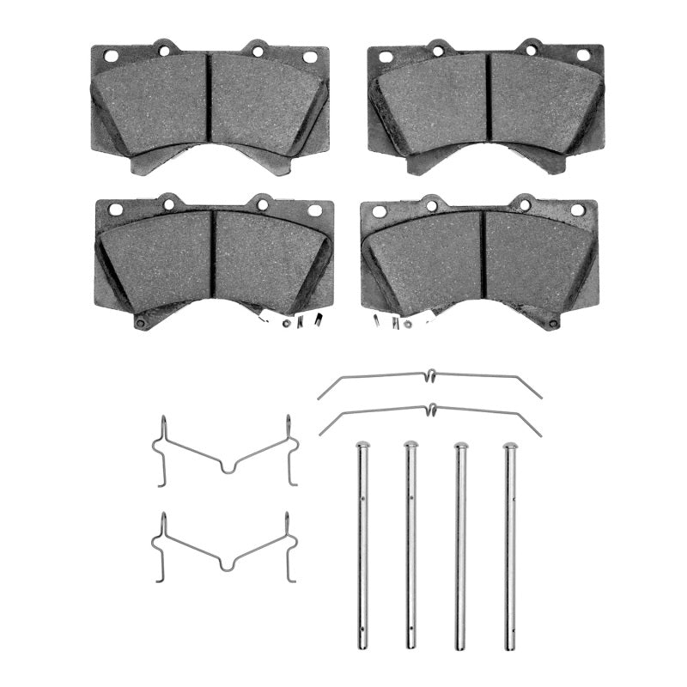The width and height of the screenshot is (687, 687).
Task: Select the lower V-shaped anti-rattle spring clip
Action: pos(225,550)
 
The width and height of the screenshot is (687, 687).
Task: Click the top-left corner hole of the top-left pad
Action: pos(110,56)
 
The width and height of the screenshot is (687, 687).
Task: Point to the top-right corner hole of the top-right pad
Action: pos(583,55)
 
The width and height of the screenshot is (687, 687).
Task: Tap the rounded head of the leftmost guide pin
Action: pos(362,446)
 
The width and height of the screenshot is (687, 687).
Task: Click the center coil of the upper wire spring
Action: pos(430,374)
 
